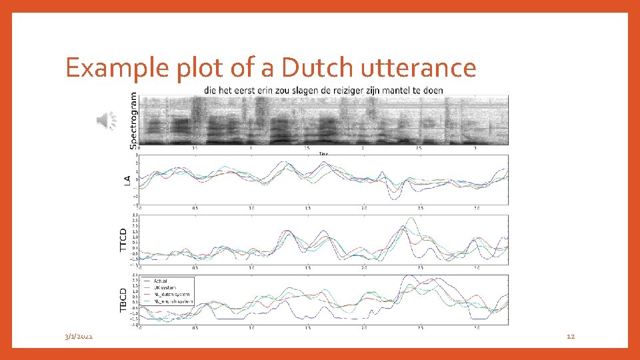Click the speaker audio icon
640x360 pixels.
pos(106,120)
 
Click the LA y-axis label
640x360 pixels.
pos(127,180)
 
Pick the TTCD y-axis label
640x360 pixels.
pos(123,239)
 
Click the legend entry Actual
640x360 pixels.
pos(160,280)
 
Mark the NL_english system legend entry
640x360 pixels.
pos(173,301)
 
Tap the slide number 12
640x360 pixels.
pos(570,337)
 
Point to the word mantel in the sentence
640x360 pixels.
pos(397,90)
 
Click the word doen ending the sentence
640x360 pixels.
pos(433,90)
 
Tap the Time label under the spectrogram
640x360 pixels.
pos(323,153)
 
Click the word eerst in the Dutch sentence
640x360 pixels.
pos(243,90)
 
